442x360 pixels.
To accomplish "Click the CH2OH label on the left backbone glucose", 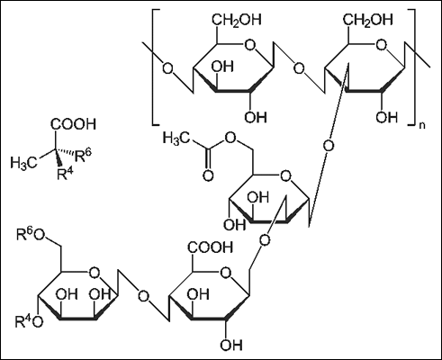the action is [x=237, y=21].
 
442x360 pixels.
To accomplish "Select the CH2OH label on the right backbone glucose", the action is [x=368, y=21].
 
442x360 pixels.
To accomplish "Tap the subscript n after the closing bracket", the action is [x=422, y=125].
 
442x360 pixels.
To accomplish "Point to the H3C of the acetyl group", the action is [x=176, y=139].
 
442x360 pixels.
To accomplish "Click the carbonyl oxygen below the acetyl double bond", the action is [x=208, y=175].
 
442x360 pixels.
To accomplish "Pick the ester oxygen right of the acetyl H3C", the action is [x=230, y=138].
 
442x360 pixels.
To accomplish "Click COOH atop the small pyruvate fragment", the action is [x=73, y=124].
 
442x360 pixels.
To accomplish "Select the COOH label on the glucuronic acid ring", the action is [x=211, y=247].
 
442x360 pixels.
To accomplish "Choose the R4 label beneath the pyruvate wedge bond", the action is [x=66, y=174].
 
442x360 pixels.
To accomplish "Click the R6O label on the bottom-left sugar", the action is [x=31, y=234].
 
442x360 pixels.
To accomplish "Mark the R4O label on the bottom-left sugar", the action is [x=29, y=321].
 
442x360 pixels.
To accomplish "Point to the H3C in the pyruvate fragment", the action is [x=24, y=162].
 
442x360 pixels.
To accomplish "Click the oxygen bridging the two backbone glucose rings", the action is [x=299, y=68].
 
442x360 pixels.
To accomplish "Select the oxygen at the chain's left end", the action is [x=167, y=67].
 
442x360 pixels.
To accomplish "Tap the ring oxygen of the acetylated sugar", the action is [x=285, y=176].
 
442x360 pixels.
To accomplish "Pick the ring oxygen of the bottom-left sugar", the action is [x=95, y=273].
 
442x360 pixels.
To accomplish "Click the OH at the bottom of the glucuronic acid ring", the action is [x=231, y=344].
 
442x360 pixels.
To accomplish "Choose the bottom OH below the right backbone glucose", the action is [x=387, y=117].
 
